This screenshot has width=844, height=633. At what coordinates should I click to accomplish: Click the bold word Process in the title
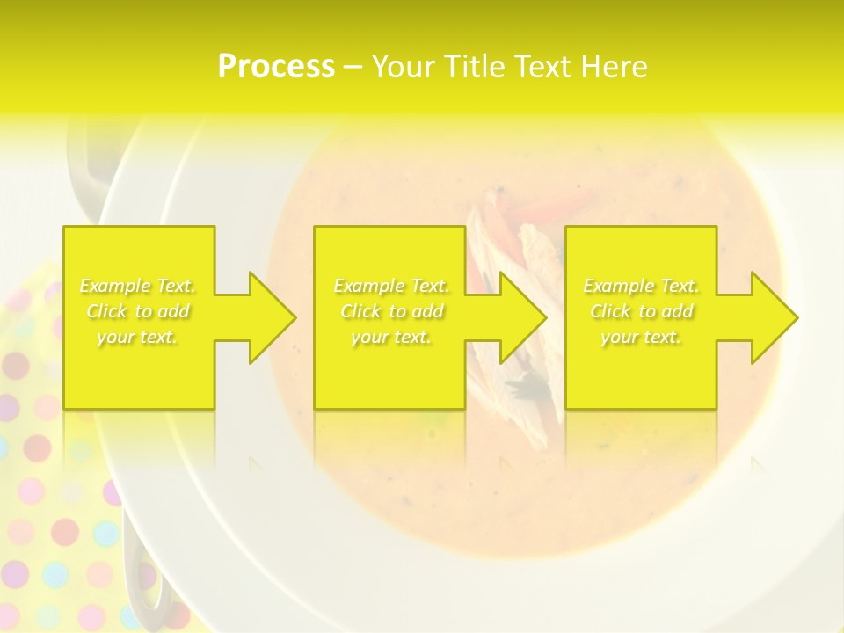276,67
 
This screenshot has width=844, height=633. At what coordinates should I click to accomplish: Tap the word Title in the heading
471,67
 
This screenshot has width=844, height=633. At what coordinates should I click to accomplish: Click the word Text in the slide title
545,67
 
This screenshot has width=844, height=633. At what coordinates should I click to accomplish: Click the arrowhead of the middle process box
522,317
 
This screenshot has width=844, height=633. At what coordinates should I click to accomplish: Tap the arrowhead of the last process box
774,317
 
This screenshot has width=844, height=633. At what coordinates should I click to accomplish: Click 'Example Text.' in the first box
138,286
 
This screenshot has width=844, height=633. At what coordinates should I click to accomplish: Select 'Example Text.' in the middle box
391,286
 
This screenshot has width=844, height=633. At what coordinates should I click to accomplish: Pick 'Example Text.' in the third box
641,286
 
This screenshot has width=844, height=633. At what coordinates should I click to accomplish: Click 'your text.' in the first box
138,337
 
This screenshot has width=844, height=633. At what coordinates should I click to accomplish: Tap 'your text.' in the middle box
391,337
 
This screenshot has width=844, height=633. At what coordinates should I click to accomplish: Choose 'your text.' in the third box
641,337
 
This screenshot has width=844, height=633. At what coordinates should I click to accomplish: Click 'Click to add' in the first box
138,311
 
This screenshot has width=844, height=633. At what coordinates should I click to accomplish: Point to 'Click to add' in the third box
641,311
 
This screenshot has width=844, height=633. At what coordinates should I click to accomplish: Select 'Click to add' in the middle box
391,311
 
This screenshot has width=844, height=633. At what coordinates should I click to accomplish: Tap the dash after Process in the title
352,68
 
